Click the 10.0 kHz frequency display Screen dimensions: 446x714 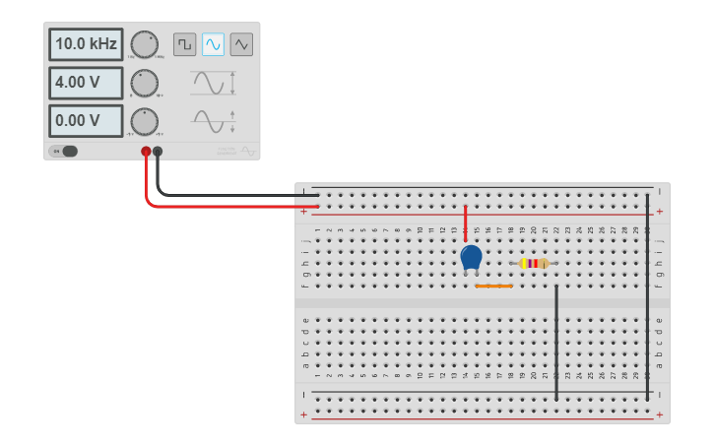(x=86, y=44)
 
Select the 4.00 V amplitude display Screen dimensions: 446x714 (x=86, y=83)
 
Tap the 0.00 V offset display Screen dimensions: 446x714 (x=86, y=121)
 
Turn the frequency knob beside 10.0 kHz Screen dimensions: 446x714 (x=144, y=44)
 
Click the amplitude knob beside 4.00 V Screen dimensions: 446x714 (x=144, y=83)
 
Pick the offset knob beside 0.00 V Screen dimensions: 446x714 (x=144, y=121)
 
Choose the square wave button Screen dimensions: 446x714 (x=184, y=44)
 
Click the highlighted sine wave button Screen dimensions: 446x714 (x=213, y=44)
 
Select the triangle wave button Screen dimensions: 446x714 (x=241, y=44)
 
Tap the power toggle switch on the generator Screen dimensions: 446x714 (x=65, y=151)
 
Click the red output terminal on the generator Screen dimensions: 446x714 (x=146, y=152)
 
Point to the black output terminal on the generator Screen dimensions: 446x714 (x=158, y=152)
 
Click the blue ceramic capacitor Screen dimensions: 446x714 (x=471, y=257)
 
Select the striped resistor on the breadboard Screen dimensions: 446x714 (x=535, y=263)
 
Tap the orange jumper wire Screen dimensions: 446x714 (x=493, y=287)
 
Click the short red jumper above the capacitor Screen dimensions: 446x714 (x=466, y=223)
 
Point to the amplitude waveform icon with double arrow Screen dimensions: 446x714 (x=213, y=83)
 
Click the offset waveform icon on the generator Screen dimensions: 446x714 (x=213, y=121)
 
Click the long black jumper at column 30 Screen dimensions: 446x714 (x=647, y=295)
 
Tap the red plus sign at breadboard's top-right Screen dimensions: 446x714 (x=659, y=212)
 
